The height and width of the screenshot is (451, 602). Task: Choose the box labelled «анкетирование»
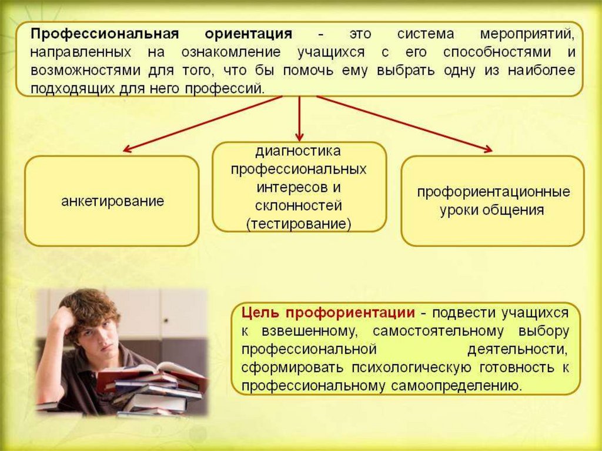[112, 201]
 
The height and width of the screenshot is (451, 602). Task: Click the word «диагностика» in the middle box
[298, 151]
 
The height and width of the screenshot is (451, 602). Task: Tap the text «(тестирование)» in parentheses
[299, 224]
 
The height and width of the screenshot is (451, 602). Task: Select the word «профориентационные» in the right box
[493, 192]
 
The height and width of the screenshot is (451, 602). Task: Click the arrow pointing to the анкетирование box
[200, 124]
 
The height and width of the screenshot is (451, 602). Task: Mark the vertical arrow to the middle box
[299, 118]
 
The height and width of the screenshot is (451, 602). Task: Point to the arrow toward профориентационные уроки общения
[406, 124]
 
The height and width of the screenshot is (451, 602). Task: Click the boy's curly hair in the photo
[88, 306]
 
